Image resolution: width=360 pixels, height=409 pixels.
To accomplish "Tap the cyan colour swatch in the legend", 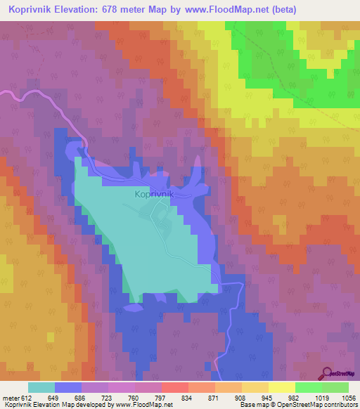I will [x=41, y=387].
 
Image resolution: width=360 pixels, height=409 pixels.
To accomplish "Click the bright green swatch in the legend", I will [x=308, y=387].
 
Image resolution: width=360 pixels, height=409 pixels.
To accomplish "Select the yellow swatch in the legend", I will [x=281, y=387].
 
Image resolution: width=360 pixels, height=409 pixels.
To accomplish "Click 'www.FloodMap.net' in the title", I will [x=229, y=10].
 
